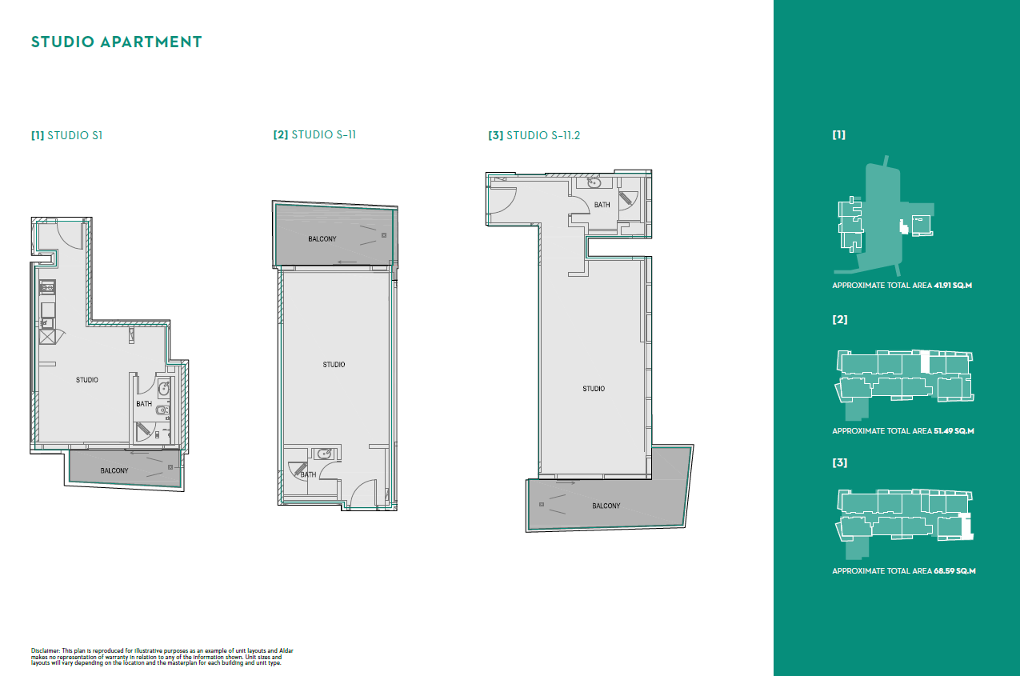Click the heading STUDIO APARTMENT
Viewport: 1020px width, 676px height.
pyautogui.click(x=116, y=42)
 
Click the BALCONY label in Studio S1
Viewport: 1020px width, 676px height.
pyautogui.click(x=114, y=470)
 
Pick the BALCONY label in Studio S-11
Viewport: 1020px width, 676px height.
pyautogui.click(x=322, y=239)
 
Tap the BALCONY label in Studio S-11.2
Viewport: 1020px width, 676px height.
pyautogui.click(x=606, y=506)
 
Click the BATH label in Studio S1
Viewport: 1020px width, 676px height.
pyautogui.click(x=144, y=404)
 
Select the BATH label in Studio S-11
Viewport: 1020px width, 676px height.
pyautogui.click(x=308, y=474)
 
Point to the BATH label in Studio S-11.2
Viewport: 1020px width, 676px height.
pyautogui.click(x=602, y=205)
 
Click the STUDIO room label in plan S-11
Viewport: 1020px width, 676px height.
pyautogui.click(x=334, y=365)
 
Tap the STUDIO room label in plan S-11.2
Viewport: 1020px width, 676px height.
pyautogui.click(x=594, y=389)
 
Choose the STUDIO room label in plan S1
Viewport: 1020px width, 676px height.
pyautogui.click(x=87, y=380)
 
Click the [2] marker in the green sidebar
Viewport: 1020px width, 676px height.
pyautogui.click(x=839, y=319)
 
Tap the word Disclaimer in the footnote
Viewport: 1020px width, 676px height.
pyautogui.click(x=46, y=650)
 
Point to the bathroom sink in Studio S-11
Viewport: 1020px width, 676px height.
pyautogui.click(x=323, y=454)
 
